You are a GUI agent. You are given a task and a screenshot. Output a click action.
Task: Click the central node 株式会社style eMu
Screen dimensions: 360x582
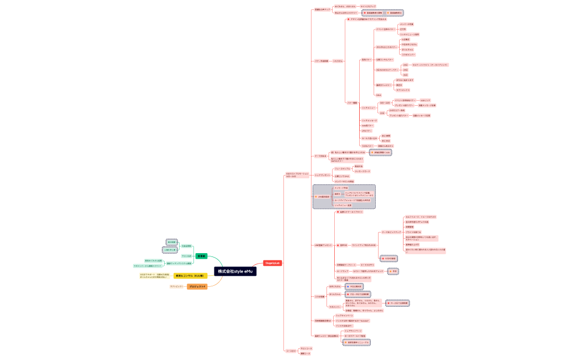(235, 272)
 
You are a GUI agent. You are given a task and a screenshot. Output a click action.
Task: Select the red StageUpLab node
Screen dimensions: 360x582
(272, 263)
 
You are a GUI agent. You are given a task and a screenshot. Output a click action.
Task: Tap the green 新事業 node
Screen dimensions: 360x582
(201, 256)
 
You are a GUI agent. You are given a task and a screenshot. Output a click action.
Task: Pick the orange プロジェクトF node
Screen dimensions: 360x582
(197, 286)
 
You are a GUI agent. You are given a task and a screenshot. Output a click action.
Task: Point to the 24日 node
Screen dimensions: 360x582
(406, 70)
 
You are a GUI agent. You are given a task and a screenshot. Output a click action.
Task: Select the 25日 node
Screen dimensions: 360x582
(406, 75)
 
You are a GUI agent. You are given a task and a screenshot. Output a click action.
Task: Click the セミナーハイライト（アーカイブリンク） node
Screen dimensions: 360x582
(430, 65)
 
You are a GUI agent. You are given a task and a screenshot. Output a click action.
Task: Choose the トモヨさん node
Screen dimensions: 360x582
(338, 60)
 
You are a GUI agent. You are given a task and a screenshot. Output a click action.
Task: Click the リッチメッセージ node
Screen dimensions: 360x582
(369, 120)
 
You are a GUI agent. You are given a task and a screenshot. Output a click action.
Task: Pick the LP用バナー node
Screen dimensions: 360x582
(366, 131)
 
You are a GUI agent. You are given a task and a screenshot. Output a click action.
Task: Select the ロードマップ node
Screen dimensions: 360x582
(342, 271)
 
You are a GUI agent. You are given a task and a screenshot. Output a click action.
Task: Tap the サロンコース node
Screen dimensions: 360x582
(306, 348)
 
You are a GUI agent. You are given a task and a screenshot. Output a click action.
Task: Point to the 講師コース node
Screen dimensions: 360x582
(305, 353)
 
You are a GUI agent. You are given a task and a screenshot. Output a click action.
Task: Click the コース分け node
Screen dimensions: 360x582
(290, 351)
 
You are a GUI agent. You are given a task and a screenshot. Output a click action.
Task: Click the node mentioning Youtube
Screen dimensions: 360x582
(345, 321)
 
